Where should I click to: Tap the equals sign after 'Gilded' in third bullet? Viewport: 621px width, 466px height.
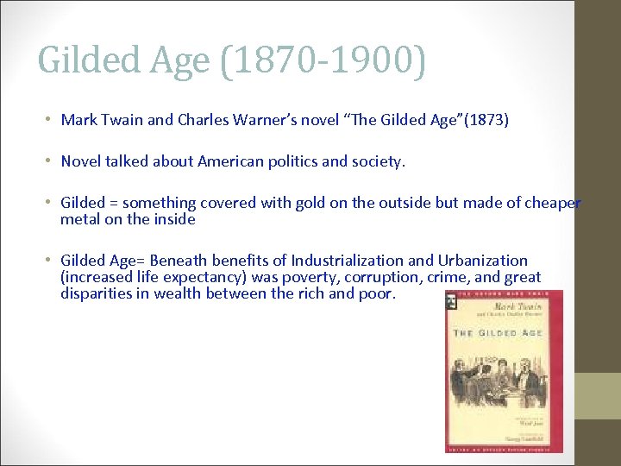click(112, 203)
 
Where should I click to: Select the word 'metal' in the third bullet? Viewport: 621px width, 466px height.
click(79, 219)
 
